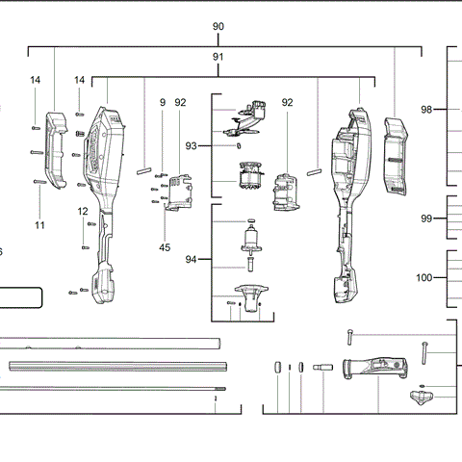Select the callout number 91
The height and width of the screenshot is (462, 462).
coord(218,58)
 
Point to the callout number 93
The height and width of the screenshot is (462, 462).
coord(192,145)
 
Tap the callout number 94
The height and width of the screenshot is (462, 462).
coord(192,260)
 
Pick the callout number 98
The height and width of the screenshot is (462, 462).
coord(427,110)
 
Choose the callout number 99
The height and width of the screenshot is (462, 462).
coord(427,218)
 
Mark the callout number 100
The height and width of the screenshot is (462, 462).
coord(424,277)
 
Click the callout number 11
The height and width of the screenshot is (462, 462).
coord(39,224)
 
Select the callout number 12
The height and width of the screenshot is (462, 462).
coord(83,211)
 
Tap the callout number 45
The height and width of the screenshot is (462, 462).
coord(166,247)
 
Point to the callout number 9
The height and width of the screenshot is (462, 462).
coord(163,102)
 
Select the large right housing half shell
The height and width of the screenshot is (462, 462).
coord(347,192)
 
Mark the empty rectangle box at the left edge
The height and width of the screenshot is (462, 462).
coord(19,296)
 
